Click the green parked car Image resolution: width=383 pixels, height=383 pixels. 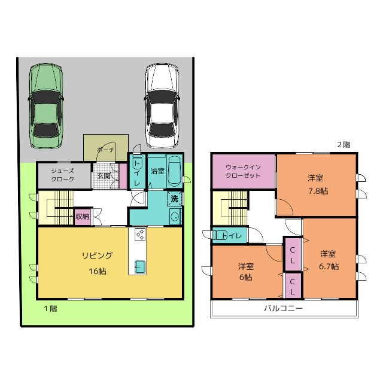click(45, 106)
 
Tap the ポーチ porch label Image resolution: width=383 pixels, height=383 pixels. click(105, 150)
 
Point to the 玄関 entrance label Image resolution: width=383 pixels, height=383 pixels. click(104, 175)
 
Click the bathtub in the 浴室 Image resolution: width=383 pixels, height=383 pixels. click(175, 172)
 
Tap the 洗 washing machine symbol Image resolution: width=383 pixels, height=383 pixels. click(174, 199)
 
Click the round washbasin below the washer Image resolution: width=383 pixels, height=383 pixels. click(175, 217)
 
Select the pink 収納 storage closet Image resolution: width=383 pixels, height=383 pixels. click(83, 217)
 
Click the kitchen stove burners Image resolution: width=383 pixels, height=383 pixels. click(140, 235)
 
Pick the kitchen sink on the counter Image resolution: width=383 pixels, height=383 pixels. click(140, 267)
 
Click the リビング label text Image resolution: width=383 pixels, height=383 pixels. click(97, 256)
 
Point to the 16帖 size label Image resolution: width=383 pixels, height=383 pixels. click(97, 271)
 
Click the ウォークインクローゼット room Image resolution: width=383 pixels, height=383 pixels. click(244, 172)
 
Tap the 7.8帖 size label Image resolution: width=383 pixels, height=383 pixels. click(318, 191)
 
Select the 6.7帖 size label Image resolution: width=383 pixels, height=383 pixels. click(329, 266)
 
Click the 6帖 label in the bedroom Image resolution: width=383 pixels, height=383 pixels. click(246, 278)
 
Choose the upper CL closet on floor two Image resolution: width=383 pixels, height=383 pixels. click(293, 254)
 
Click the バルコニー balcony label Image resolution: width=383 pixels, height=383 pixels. click(283, 309)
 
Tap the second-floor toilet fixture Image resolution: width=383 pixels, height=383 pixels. click(220, 236)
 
